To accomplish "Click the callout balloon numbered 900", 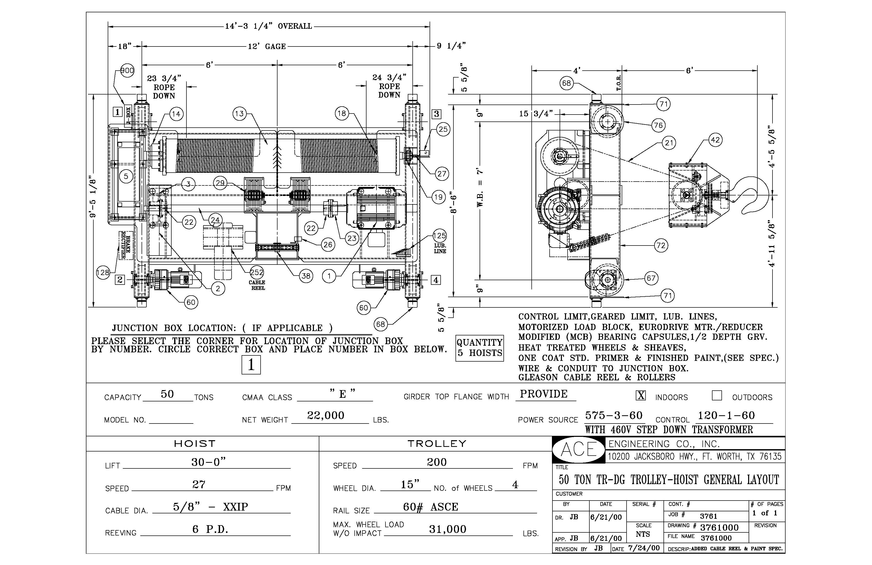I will [x=127, y=70].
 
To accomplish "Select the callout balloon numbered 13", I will [x=239, y=114].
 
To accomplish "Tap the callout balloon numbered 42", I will [x=715, y=140].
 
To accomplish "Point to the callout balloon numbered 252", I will [x=257, y=272].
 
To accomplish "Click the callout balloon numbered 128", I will [x=103, y=272].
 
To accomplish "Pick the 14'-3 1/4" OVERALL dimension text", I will [x=268, y=26].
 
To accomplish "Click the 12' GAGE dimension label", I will [x=267, y=46].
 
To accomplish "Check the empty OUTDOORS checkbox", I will [x=717, y=395].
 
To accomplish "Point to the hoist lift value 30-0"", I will [x=209, y=462].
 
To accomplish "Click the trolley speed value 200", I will [x=437, y=462].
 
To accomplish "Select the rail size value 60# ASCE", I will [x=431, y=507].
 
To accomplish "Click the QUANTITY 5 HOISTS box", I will [x=480, y=348].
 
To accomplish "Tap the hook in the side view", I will [x=755, y=194].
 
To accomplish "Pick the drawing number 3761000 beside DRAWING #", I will [x=719, y=528].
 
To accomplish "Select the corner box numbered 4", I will [x=435, y=280].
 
